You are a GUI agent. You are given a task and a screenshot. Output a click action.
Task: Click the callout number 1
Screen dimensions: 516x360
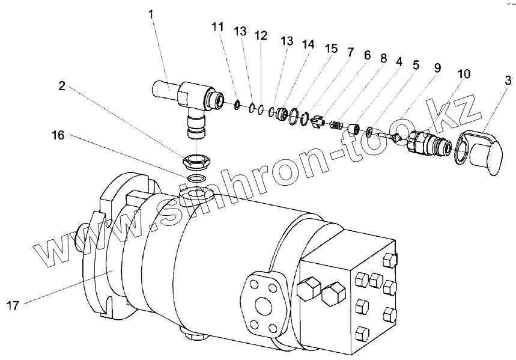tap(151, 15)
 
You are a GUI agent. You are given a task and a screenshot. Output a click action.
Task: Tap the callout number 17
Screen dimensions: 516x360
tap(13, 306)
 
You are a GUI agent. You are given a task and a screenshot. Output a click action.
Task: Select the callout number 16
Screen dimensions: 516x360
tap(58, 135)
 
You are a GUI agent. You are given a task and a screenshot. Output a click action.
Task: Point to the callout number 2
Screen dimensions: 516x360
tap(62, 87)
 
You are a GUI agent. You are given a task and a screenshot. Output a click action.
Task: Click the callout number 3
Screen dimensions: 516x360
tap(508, 81)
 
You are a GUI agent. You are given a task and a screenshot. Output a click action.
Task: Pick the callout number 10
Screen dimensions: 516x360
tap(463, 74)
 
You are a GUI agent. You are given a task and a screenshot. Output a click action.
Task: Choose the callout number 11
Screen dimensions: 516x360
tap(217, 26)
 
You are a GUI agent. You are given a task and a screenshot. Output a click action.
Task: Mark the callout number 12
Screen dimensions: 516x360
tap(261, 35)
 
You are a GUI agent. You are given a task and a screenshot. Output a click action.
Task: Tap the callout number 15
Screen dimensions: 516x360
tap(331, 49)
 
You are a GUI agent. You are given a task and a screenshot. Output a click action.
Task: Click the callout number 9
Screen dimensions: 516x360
tap(437, 67)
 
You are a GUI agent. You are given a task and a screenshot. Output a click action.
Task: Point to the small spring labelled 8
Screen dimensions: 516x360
tap(336, 124)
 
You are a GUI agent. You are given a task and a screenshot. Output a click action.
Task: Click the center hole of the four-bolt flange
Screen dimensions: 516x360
tap(263, 306)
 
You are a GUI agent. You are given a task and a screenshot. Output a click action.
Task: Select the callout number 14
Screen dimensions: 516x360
tap(308, 44)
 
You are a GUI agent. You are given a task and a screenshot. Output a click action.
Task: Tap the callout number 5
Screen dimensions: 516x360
tap(416, 66)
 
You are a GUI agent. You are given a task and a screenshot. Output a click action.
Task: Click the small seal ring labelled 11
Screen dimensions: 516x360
tap(237, 105)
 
